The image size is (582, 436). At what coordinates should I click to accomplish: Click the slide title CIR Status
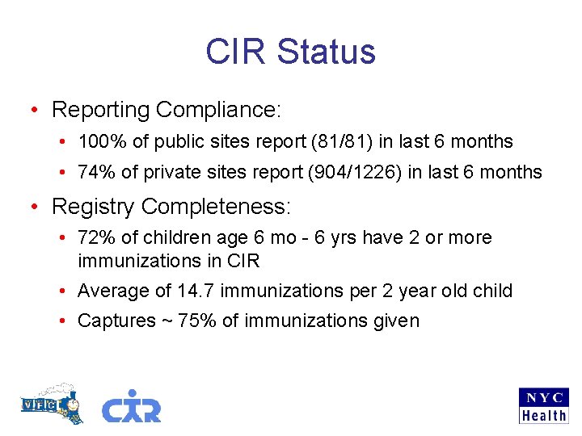(x=290, y=52)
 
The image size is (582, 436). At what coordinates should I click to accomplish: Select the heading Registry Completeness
(x=171, y=207)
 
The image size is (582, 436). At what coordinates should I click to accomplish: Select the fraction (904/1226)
(x=362, y=172)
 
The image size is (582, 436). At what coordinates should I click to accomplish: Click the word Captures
(x=116, y=321)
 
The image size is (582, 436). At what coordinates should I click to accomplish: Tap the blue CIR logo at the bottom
(x=131, y=406)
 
